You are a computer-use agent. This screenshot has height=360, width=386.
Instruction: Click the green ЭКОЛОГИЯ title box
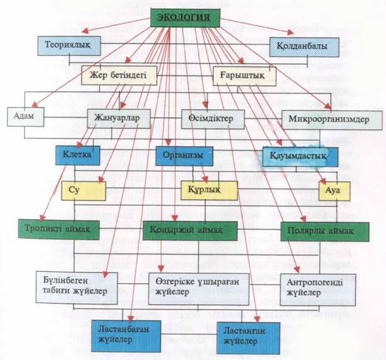[185, 18]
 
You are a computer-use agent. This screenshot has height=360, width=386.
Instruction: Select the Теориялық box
[69, 46]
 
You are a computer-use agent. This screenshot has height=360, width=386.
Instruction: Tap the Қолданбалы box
[304, 47]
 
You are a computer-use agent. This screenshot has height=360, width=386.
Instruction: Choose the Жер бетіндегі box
[119, 76]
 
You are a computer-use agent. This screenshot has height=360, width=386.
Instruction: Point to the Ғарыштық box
[244, 76]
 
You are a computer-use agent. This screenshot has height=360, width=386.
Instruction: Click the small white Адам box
[26, 117]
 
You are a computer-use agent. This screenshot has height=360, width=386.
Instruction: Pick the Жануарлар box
[119, 118]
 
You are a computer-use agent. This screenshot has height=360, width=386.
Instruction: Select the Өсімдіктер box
[213, 120]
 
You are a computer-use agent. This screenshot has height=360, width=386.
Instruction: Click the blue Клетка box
[78, 155]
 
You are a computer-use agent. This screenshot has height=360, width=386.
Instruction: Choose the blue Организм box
[184, 156]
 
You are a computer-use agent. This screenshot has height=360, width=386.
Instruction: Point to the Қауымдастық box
[300, 157]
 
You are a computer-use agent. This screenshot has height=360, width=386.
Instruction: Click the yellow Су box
[84, 191]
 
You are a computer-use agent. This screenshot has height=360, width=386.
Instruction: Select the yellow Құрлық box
[209, 191]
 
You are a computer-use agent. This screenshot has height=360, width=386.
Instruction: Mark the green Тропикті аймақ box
[59, 230]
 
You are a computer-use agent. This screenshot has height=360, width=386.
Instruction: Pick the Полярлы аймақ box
[325, 232]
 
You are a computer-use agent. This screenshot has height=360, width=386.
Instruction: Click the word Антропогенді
[315, 283]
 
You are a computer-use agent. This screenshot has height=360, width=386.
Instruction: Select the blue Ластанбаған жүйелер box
[127, 336]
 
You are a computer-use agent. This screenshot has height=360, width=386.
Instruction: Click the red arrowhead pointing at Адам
[35, 104]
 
